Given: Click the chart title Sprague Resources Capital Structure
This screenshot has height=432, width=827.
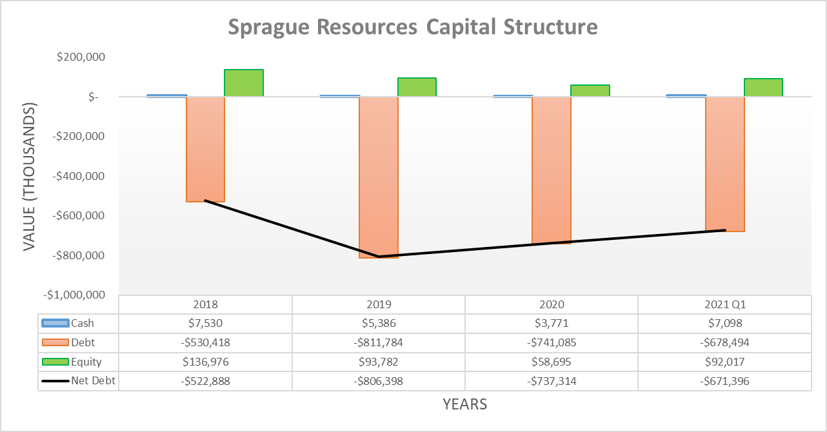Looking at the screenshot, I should coord(413,27).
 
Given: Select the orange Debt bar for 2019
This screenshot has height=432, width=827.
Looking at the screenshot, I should coord(379,177).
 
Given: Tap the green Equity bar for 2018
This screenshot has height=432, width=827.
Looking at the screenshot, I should coord(244,83).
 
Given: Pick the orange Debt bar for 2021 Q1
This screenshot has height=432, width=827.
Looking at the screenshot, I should coord(725,164).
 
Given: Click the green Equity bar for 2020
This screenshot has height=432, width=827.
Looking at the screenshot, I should coord(590,90).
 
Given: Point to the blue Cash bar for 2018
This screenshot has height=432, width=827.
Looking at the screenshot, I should coord(167,95).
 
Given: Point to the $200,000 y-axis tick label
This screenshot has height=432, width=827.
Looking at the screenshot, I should coord(81,57).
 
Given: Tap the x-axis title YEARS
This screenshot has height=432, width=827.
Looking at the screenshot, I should coord(464,404).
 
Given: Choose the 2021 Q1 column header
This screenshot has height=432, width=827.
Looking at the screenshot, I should coord(725,304).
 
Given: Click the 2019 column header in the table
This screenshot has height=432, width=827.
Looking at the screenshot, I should coord(379,304).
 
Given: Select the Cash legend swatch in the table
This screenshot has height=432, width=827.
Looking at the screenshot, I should coord(55,324).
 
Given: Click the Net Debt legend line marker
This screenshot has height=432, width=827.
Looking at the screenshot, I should coord(55,381).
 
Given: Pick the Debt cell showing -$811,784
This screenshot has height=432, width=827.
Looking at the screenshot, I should coord(379,343).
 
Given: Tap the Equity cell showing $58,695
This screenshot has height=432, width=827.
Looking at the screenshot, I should coord(552,362).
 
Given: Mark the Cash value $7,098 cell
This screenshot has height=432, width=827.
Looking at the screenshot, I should coord(725,324).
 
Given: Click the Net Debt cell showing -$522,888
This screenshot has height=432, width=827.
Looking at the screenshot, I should coord(206,381).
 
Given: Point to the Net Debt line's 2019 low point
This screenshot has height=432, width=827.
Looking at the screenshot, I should coord(379,257).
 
